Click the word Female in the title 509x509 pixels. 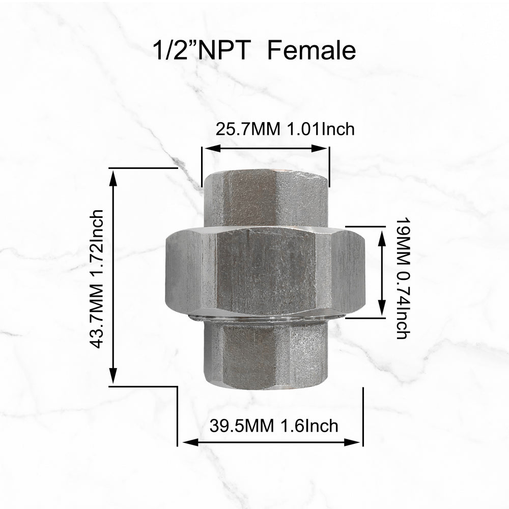click(312, 50)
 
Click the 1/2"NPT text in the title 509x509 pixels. click(202, 50)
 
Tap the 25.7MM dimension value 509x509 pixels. click(248, 129)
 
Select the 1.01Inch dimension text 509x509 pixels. click(321, 129)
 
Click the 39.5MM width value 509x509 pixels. click(242, 426)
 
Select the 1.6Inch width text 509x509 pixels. click(309, 426)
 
